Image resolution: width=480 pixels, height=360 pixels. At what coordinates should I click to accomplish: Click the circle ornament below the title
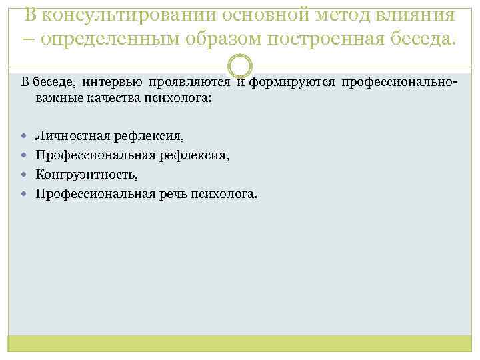point(240,67)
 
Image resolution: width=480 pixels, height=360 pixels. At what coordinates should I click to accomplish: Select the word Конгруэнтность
point(87,175)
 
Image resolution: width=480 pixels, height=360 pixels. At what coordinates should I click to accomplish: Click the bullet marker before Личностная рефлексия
point(25,137)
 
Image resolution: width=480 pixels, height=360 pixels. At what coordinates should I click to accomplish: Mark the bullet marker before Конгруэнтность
point(25,175)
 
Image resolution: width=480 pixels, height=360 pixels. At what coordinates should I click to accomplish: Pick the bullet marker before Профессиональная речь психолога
point(25,195)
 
